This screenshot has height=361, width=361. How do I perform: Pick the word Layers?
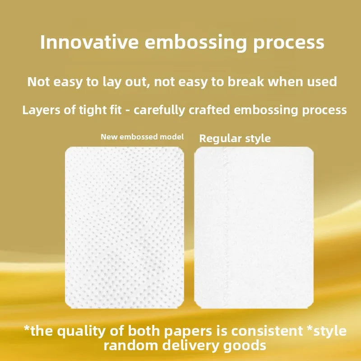[x=41, y=110]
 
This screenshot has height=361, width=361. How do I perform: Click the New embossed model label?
[x=142, y=137]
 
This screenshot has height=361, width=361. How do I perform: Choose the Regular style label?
[x=235, y=138]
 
